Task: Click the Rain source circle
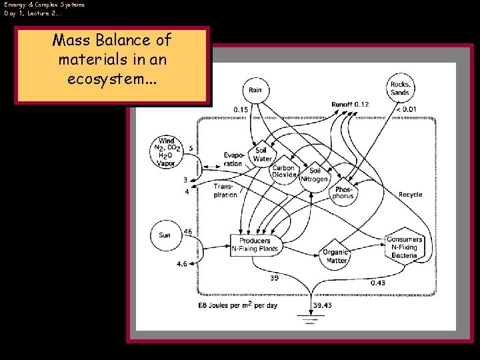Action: tap(255, 90)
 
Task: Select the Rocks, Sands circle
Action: tap(401, 88)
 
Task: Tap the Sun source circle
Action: tap(165, 235)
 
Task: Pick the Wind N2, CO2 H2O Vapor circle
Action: tap(166, 152)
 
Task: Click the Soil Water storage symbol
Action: tap(263, 155)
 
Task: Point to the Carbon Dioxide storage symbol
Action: tap(283, 171)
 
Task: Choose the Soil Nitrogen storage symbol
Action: tap(315, 175)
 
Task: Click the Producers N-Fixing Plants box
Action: tap(255, 245)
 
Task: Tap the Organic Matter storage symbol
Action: tap(336, 256)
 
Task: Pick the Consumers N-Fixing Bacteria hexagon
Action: tap(404, 247)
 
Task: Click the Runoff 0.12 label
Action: tap(350, 105)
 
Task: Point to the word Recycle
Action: tap(410, 195)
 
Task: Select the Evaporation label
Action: tap(233, 159)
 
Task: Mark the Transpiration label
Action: tap(225, 191)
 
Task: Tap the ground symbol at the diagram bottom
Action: tap(309, 319)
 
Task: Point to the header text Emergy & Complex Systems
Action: tap(44, 5)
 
